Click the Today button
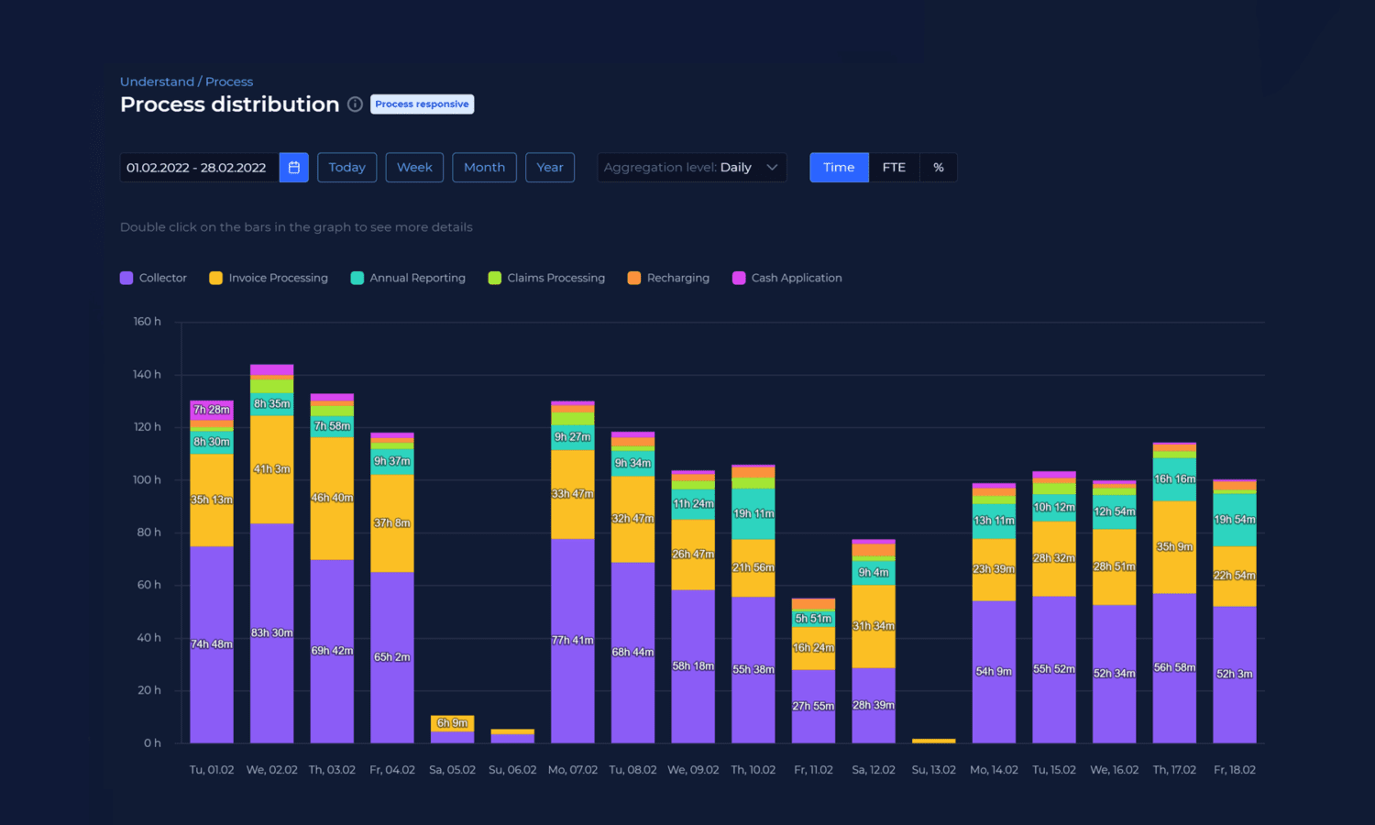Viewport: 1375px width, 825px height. coord(346,168)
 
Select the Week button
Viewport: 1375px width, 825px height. coord(414,168)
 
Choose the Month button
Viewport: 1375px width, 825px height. coord(484,168)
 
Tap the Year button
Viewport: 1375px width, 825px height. coord(550,168)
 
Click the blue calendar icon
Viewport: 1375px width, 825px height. coord(294,168)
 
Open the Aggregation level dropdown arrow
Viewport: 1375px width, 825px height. coord(772,168)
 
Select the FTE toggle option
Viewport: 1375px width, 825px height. coord(894,168)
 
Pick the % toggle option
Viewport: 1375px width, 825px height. coord(939,168)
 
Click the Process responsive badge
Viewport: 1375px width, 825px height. coord(422,104)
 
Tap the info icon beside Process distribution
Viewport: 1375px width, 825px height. coord(355,104)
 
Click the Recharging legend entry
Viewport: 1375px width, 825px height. coord(668,278)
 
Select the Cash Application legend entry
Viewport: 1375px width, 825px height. coord(787,278)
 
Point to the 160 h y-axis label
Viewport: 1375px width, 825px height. coord(147,322)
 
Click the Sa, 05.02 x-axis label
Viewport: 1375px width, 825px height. coord(452,770)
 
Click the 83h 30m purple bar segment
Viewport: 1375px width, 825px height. coord(271,632)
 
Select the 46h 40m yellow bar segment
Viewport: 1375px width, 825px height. coord(332,498)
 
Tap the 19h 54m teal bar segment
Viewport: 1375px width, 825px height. coord(1235,520)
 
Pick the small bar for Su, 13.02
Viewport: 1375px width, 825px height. coord(933,741)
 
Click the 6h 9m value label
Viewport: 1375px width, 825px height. coord(452,723)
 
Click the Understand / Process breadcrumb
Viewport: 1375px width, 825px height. coord(186,82)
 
